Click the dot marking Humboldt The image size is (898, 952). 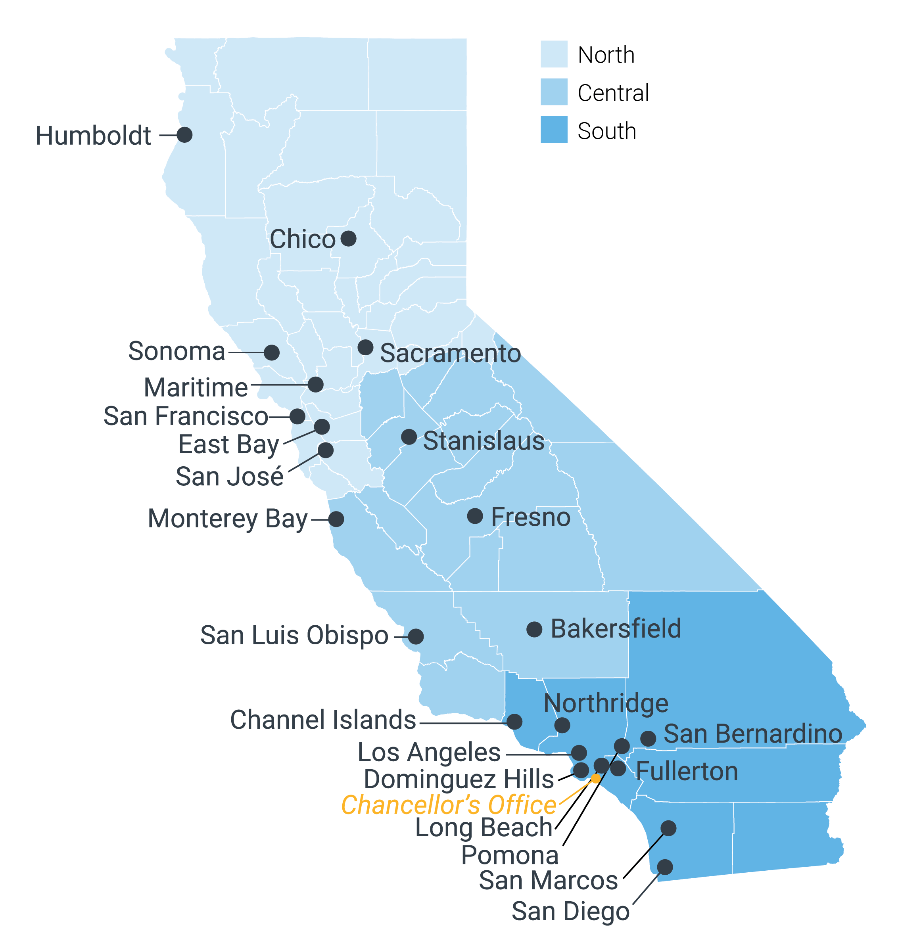click(184, 134)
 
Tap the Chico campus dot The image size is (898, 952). click(348, 238)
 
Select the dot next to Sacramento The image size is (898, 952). click(365, 347)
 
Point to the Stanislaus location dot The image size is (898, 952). click(409, 436)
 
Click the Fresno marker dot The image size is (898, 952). click(475, 516)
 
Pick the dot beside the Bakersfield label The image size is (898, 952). click(534, 629)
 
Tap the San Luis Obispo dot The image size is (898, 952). click(416, 636)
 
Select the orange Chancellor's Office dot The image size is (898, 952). click(595, 779)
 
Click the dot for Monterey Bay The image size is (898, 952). click(336, 519)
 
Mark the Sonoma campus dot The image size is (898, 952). click(272, 352)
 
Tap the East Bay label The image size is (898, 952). click(228, 445)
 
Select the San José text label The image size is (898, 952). click(229, 477)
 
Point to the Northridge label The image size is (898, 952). click(605, 703)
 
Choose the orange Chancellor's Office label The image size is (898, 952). click(448, 805)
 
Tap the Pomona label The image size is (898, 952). click(510, 855)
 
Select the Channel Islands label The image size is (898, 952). click(323, 719)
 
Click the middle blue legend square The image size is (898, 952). click(554, 92)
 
